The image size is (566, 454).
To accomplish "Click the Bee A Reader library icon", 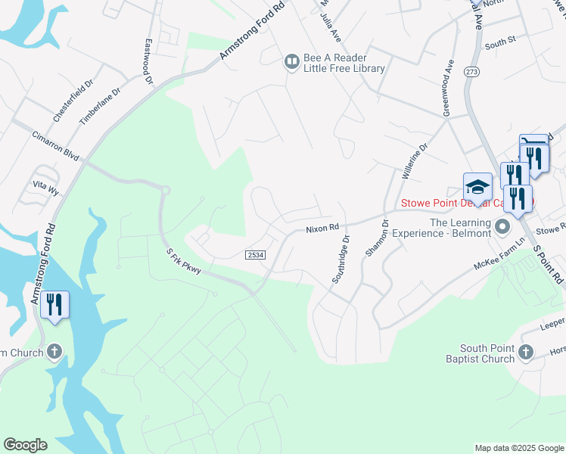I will (x=291, y=61).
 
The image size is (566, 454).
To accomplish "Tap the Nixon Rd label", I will (x=321, y=228).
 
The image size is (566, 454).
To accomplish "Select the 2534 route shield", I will (x=256, y=256).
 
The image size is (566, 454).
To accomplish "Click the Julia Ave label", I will (x=331, y=27).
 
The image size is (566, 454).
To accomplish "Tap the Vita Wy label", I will (x=45, y=187).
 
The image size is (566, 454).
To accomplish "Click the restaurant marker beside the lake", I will (x=54, y=305).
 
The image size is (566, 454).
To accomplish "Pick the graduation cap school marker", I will (x=477, y=186).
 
